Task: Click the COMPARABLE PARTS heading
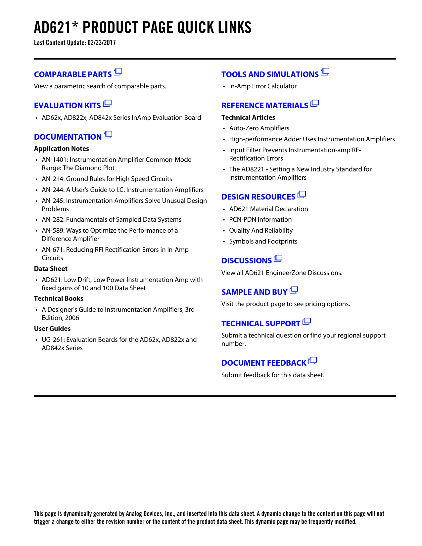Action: click(73, 74)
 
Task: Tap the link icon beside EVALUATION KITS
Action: click(107, 104)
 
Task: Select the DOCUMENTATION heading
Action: click(68, 137)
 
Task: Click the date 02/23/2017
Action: click(102, 43)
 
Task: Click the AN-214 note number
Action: click(53, 179)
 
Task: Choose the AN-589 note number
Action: click(53, 231)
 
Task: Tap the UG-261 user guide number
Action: click(53, 340)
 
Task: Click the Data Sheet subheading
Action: click(51, 269)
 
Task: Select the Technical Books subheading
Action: click(59, 298)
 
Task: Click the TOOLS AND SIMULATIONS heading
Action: click(270, 74)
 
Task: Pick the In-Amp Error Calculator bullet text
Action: click(263, 86)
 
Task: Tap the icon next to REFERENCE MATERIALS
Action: click(314, 104)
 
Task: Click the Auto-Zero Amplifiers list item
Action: click(259, 128)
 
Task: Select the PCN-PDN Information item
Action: click(260, 220)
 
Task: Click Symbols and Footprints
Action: click(263, 242)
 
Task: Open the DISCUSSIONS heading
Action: click(247, 261)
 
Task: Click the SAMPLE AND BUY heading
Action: click(254, 292)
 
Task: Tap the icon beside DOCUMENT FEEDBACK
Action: click(312, 361)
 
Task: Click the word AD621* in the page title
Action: click(53, 28)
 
